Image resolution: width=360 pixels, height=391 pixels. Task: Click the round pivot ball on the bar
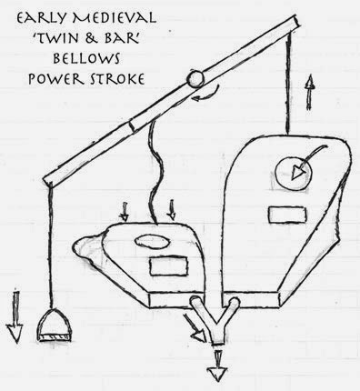coord(194,78)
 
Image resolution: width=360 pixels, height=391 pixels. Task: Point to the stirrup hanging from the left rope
coord(57,321)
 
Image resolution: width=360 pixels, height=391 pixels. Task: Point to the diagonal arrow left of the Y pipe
coord(195,332)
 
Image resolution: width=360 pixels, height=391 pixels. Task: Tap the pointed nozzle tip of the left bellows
coord(79,243)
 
